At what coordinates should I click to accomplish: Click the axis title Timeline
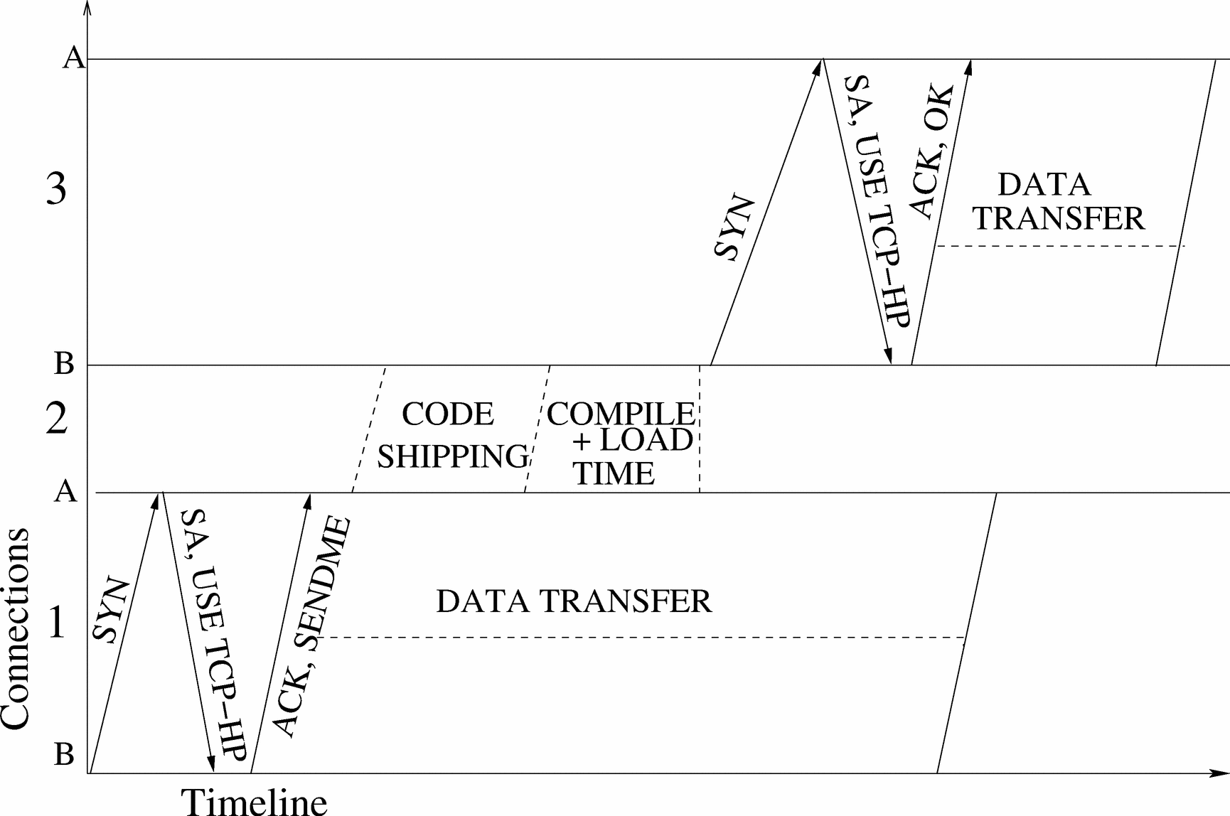[254, 801]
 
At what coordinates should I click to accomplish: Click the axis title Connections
[16, 628]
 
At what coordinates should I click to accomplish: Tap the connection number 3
[57, 190]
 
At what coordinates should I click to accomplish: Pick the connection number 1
[56, 625]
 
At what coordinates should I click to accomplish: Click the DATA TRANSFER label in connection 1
[573, 601]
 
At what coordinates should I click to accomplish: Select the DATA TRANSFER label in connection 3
[1057, 201]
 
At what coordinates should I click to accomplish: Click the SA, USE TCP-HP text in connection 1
[213, 635]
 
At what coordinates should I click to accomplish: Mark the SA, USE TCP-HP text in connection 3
[876, 202]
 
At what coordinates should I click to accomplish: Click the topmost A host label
[73, 58]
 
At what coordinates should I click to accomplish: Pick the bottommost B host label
[64, 754]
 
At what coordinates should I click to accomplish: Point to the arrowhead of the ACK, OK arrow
[969, 65]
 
